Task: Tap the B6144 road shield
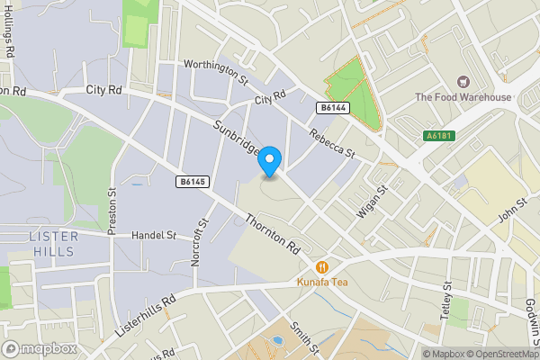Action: [332, 107]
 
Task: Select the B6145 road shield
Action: [192, 182]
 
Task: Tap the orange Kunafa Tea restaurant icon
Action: [321, 266]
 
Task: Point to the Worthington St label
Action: [215, 71]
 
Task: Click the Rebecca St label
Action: [332, 141]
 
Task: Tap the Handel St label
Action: [153, 236]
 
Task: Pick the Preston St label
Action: [112, 211]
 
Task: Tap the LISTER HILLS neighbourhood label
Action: [54, 243]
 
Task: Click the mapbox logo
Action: [39, 348]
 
